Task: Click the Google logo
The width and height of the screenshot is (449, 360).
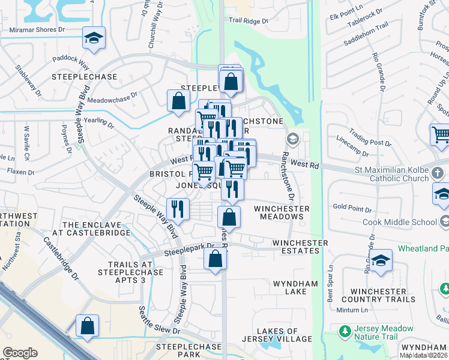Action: point(20,352)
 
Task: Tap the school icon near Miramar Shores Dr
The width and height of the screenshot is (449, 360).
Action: point(93,39)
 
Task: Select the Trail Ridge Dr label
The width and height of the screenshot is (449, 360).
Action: point(249,20)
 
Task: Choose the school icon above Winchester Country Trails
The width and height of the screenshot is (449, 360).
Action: point(380,261)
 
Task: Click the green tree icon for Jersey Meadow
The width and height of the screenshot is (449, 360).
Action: point(345,331)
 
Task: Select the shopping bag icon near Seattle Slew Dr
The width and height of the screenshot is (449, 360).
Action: point(88,327)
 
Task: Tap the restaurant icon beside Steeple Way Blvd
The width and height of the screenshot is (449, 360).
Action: point(178,209)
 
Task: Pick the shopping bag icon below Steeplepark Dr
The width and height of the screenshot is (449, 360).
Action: point(215,259)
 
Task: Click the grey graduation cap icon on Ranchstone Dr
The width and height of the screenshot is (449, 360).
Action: point(292,139)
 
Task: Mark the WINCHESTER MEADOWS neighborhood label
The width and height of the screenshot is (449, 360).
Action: point(282,213)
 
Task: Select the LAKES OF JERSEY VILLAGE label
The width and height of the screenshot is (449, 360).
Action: point(277,335)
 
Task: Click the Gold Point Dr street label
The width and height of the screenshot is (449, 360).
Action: point(351,207)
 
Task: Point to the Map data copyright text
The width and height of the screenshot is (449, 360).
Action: point(424,355)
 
